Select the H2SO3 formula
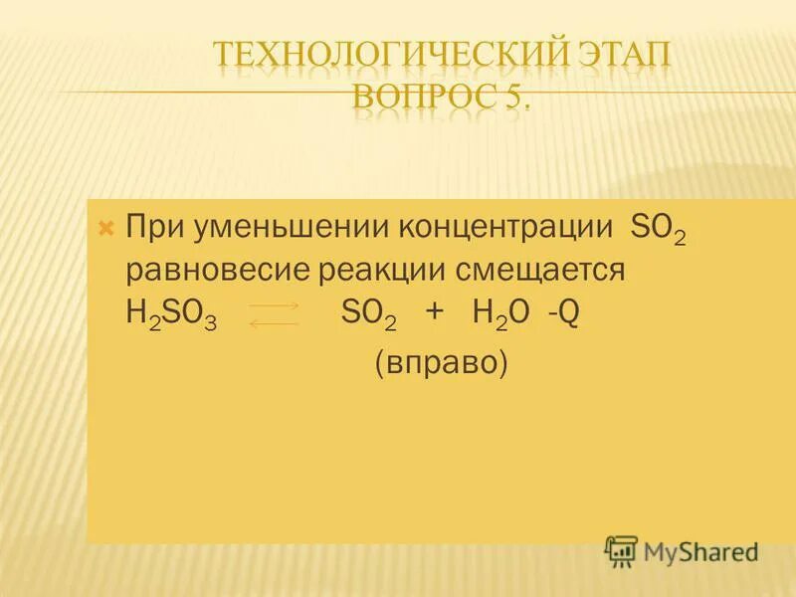[x=172, y=315]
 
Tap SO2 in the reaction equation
[x=368, y=315]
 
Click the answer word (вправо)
[x=441, y=363]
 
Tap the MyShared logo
[x=682, y=550]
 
